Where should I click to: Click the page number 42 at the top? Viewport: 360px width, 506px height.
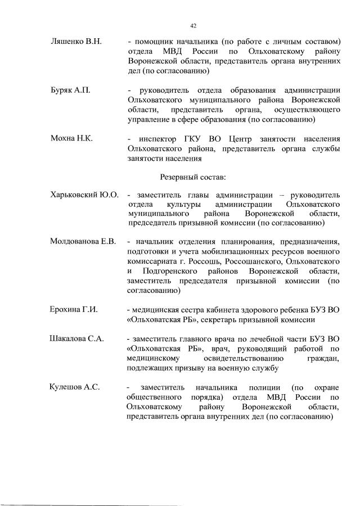(x=193, y=26)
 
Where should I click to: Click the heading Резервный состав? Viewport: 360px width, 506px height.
(x=193, y=177)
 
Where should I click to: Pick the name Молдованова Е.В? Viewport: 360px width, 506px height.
(x=83, y=242)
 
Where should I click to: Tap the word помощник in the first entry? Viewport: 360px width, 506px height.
(x=155, y=43)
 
